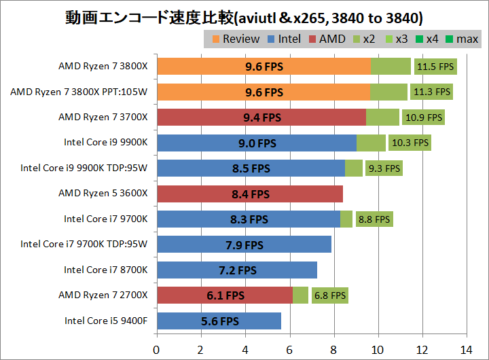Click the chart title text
(244, 14)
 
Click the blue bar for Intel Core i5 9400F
(219, 321)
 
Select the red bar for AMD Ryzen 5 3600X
(249, 194)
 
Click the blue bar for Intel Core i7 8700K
(236, 270)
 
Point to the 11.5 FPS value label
(435, 67)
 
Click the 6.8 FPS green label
(329, 295)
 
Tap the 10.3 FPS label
(412, 143)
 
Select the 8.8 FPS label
(374, 219)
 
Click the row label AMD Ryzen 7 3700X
(103, 118)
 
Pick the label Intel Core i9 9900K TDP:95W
(84, 168)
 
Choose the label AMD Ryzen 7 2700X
(103, 295)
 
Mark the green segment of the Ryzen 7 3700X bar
(382, 118)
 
